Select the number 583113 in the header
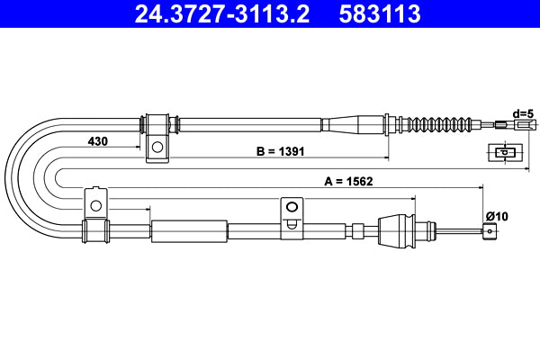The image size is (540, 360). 377,14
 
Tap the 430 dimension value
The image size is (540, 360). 100,142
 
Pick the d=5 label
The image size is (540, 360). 522,113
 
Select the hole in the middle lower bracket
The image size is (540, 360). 292,207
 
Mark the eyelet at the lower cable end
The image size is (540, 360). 490,231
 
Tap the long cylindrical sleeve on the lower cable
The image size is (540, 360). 189,231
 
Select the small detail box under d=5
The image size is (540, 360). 505,152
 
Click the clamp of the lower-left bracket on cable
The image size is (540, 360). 94,231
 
